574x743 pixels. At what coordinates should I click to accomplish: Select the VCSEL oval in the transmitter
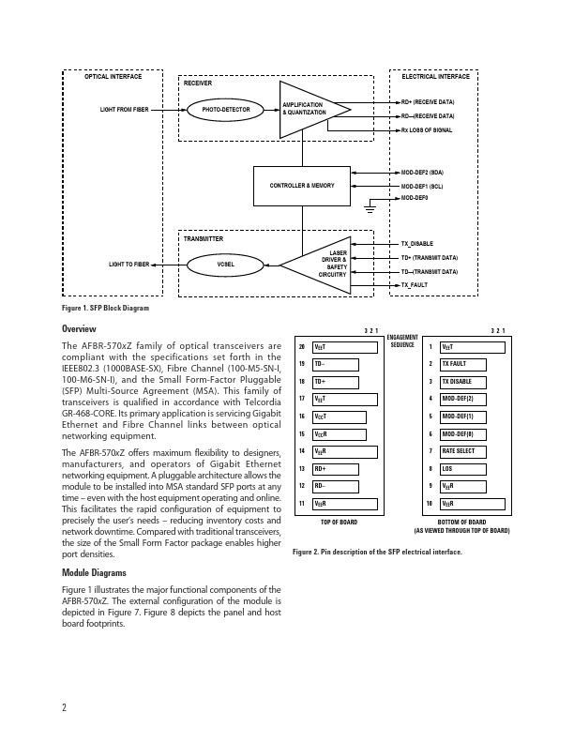(226, 265)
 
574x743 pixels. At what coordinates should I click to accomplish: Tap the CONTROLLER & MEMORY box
(302, 186)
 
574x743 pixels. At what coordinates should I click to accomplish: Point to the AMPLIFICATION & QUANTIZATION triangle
(308, 109)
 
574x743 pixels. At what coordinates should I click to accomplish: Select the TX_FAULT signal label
(415, 284)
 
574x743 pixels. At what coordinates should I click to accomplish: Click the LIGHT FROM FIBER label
(124, 110)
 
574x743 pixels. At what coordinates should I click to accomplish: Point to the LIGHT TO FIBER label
(128, 265)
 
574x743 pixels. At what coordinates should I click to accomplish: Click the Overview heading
(80, 329)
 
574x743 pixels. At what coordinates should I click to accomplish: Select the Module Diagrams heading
(95, 572)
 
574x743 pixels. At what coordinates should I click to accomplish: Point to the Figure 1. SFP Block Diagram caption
(105, 309)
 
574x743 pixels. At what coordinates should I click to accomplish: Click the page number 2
(64, 707)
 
